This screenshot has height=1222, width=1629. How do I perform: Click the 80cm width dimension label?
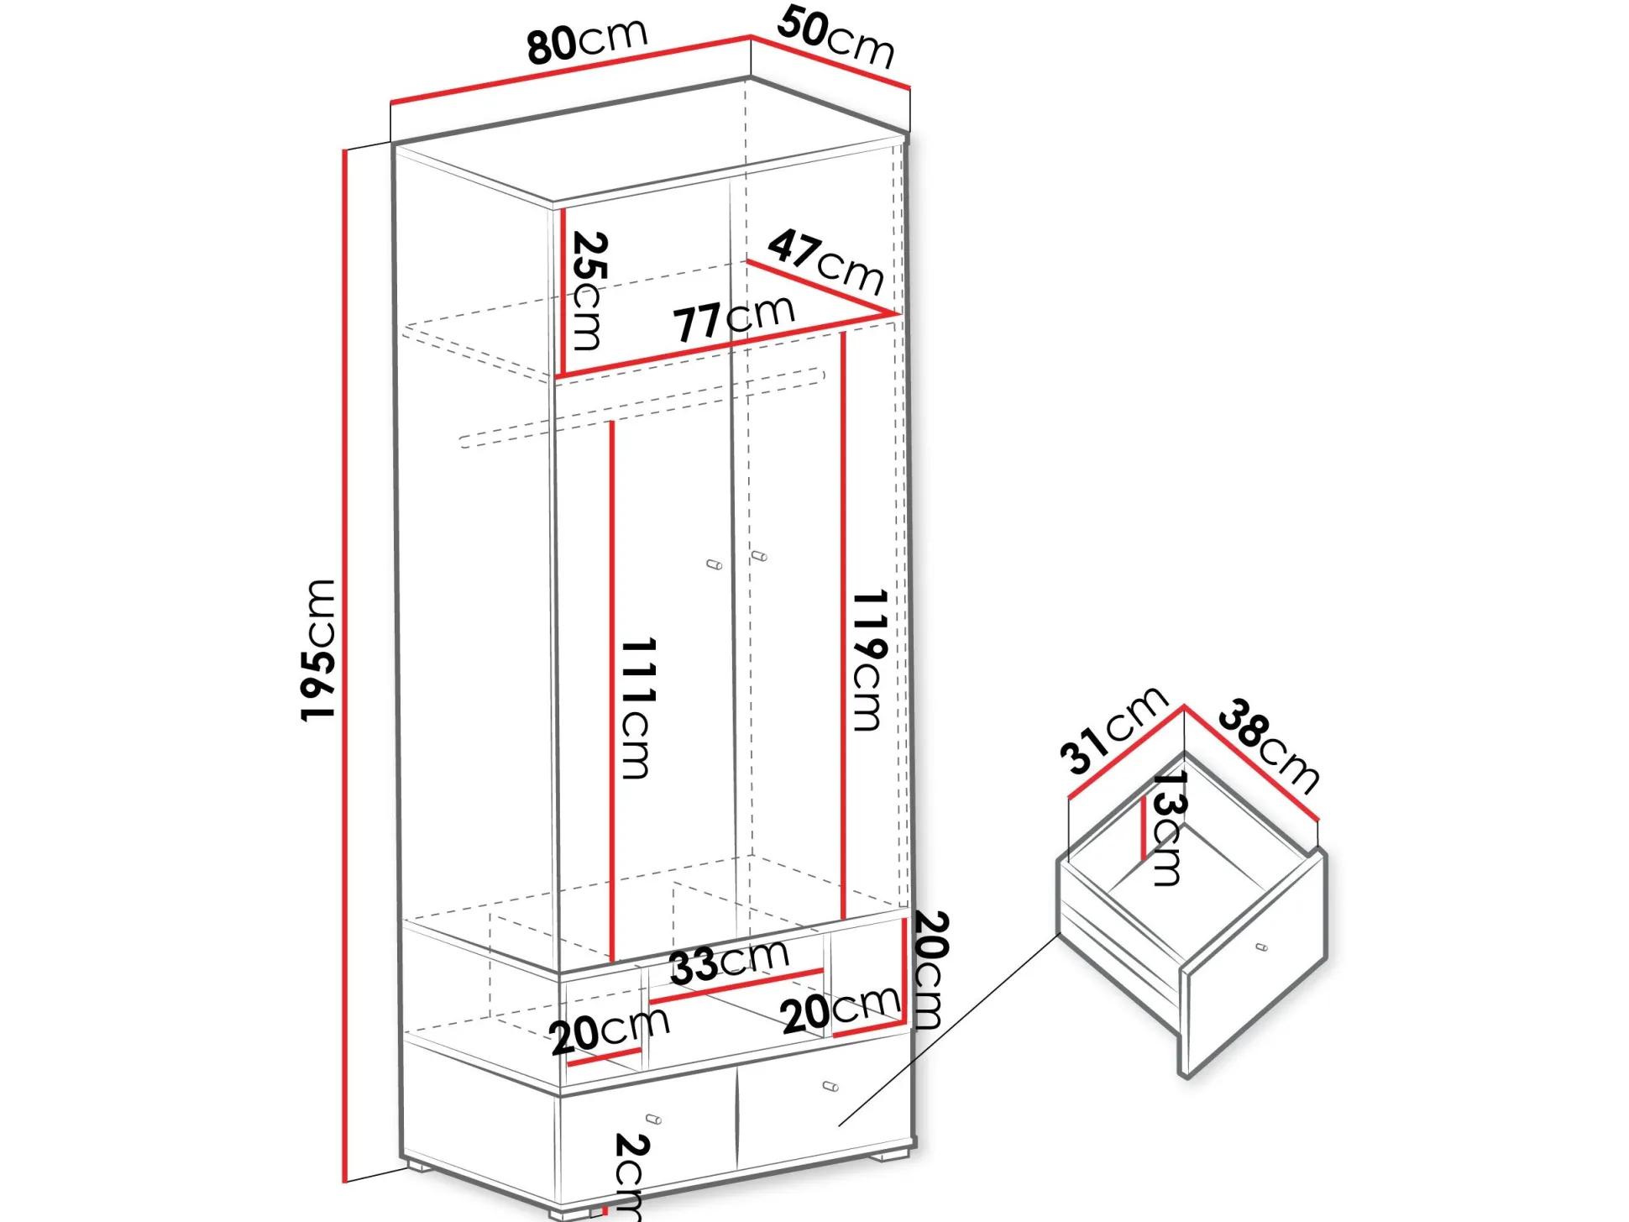tap(587, 40)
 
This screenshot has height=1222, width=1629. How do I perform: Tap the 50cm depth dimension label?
tap(835, 37)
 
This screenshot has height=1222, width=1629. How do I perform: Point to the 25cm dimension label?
tap(588, 291)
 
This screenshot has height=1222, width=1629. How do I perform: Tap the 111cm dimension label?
tap(637, 708)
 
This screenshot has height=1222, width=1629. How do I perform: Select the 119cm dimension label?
tap(869, 660)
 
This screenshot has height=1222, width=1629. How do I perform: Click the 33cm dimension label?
tap(729, 962)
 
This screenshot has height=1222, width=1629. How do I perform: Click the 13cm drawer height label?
tap(1168, 828)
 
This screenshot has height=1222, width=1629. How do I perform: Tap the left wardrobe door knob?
tap(715, 564)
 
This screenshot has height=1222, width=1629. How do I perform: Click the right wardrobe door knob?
tap(759, 556)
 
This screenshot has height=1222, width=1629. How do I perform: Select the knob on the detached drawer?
tap(1261, 947)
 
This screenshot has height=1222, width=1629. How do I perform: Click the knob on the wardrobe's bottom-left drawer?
tap(654, 1119)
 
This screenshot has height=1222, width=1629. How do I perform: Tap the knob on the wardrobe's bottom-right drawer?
tap(830, 1086)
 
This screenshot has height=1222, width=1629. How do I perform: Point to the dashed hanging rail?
tap(642, 408)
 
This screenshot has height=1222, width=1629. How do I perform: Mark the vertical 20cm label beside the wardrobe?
tap(930, 969)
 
